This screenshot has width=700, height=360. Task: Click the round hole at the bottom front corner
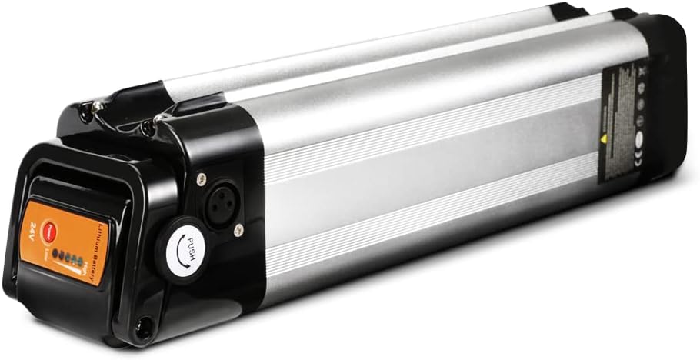pyautogui.click(x=142, y=331)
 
